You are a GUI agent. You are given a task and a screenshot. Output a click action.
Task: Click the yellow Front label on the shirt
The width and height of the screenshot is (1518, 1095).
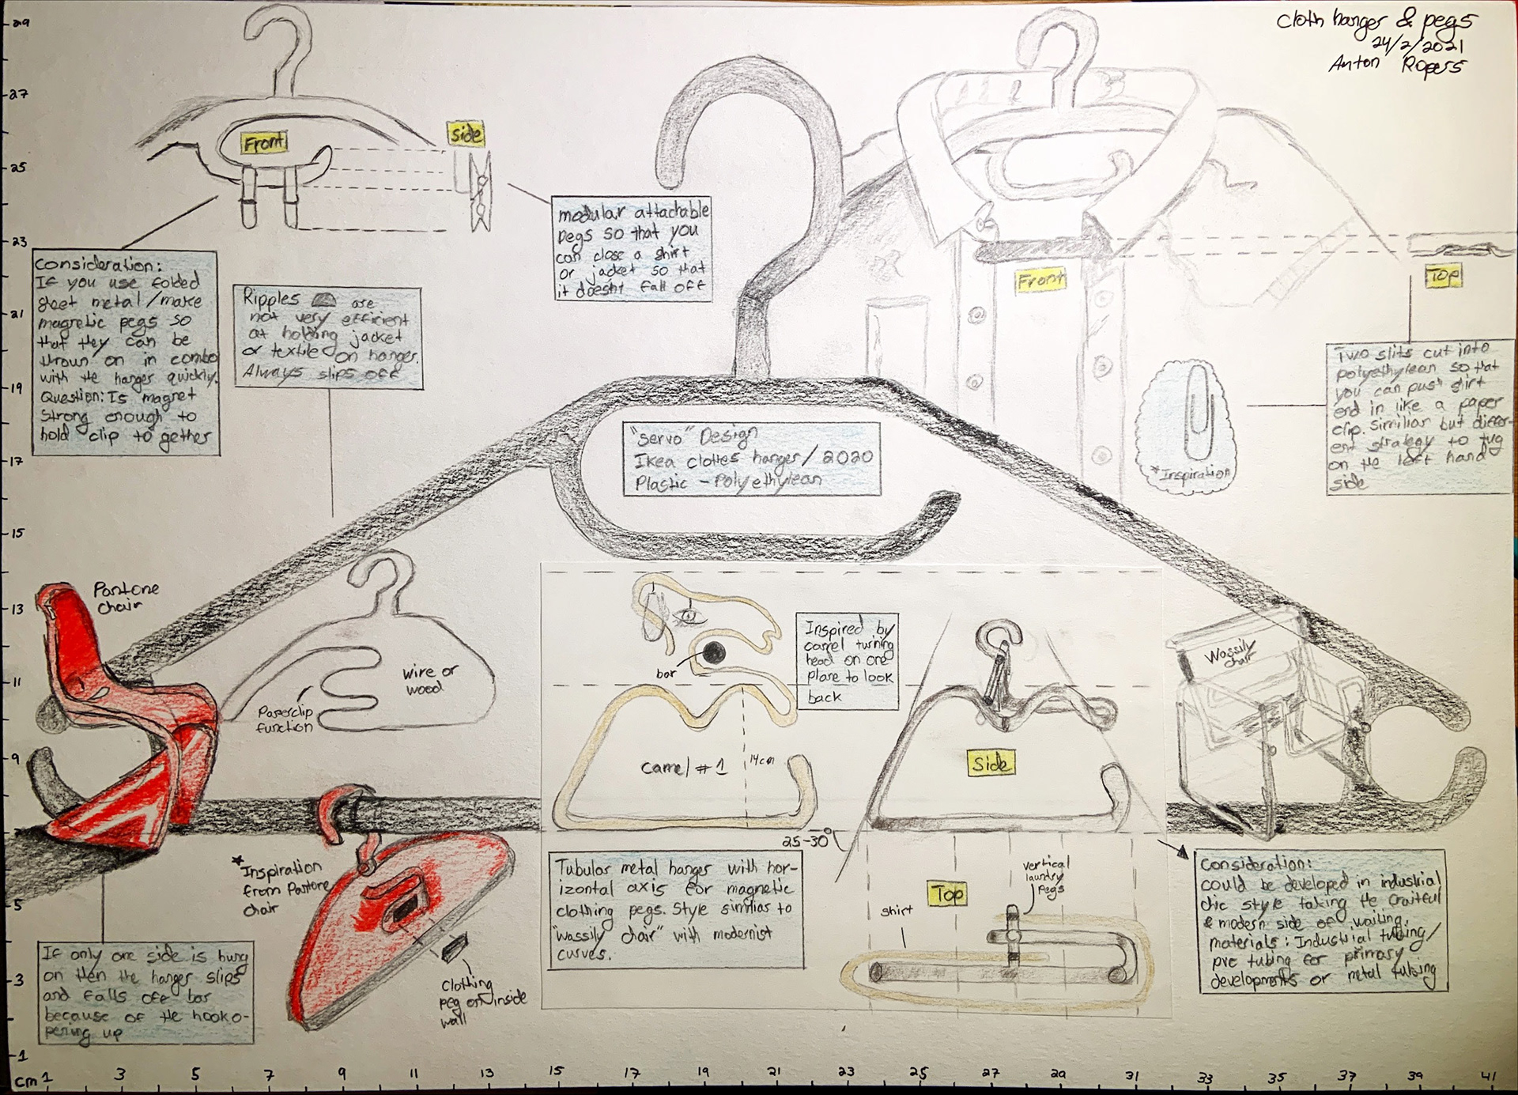click(1040, 280)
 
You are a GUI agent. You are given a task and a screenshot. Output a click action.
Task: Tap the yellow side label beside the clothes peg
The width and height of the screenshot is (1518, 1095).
click(466, 134)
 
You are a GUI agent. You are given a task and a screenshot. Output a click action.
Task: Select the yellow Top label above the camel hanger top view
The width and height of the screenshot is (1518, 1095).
click(947, 893)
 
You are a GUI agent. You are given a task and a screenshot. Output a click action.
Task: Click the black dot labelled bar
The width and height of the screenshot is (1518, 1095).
click(714, 652)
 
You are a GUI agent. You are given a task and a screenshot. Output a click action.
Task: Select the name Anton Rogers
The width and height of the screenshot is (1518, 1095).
click(1395, 64)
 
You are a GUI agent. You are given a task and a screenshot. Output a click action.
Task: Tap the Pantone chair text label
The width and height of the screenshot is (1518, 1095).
click(125, 597)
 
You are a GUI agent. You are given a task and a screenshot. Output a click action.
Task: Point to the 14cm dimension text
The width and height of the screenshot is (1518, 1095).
click(761, 761)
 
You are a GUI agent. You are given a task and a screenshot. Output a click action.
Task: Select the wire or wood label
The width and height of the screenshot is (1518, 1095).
click(429, 679)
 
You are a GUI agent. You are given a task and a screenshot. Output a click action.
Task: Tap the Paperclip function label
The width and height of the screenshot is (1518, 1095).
click(285, 719)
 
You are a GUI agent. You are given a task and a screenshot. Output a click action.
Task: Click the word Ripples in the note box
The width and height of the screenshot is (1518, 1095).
click(271, 298)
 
